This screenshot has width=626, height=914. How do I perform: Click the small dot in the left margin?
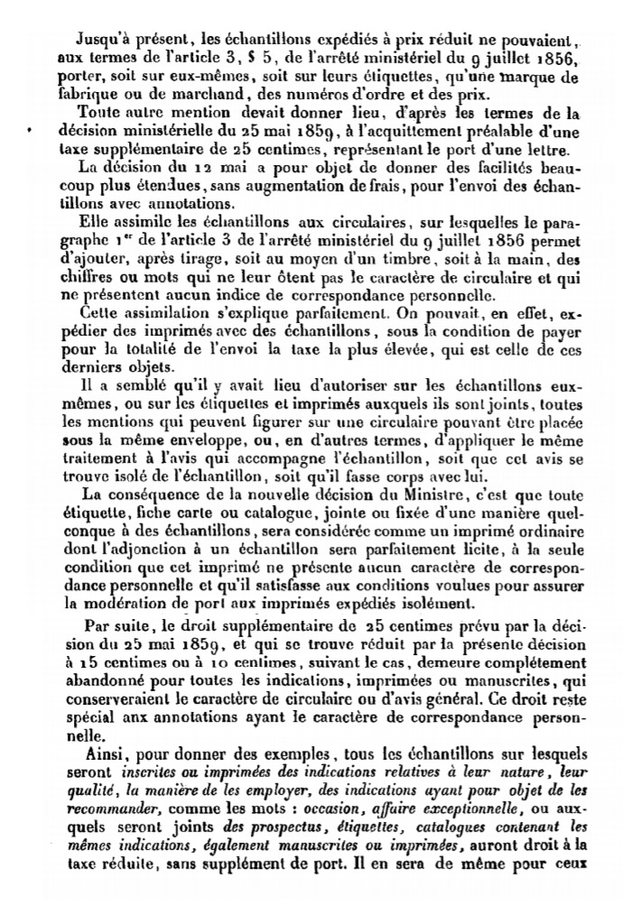[x=31, y=131]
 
